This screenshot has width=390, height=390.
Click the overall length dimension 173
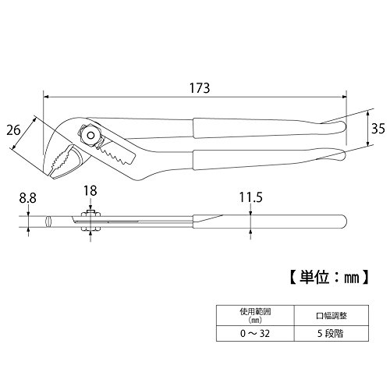coord(200,88)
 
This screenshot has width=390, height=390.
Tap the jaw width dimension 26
coord(13,129)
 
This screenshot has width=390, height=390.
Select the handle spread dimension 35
coord(378,129)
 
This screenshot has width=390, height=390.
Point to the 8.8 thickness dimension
coord(27,198)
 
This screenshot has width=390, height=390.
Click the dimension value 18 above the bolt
coord(90,191)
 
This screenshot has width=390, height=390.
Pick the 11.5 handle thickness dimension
coord(251,197)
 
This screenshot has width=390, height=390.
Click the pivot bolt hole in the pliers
coord(91,135)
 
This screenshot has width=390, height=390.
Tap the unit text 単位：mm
coord(329,278)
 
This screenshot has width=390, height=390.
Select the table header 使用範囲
coord(255,311)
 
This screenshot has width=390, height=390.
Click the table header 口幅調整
coord(331,316)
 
